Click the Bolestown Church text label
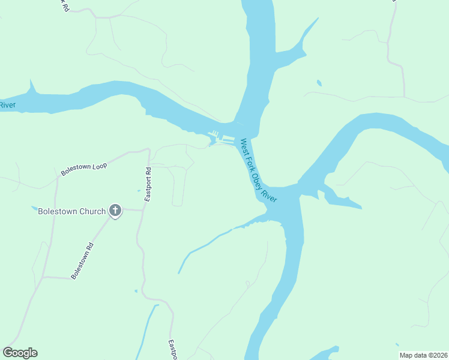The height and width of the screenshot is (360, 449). (x=71, y=211)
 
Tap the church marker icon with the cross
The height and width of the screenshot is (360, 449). (x=115, y=211)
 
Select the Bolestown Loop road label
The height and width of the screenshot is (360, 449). (x=83, y=169)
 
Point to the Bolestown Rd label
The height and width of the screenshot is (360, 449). (x=83, y=260)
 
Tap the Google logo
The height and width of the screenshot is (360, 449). (x=20, y=353)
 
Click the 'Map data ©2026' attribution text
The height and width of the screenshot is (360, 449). (x=424, y=355)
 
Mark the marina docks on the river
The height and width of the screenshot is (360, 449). (x=221, y=137)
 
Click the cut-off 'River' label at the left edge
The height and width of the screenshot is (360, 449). (x=7, y=106)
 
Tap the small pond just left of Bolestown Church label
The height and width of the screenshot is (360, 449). (x=34, y=209)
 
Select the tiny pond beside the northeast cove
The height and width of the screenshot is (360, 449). (x=319, y=83)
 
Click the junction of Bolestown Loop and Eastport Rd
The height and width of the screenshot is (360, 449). (x=147, y=150)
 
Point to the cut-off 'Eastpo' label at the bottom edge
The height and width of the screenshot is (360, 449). (x=172, y=350)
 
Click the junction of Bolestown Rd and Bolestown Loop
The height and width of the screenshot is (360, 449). (x=56, y=179)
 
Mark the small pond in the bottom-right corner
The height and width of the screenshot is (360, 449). (x=397, y=345)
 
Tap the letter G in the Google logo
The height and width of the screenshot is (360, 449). (x=8, y=352)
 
